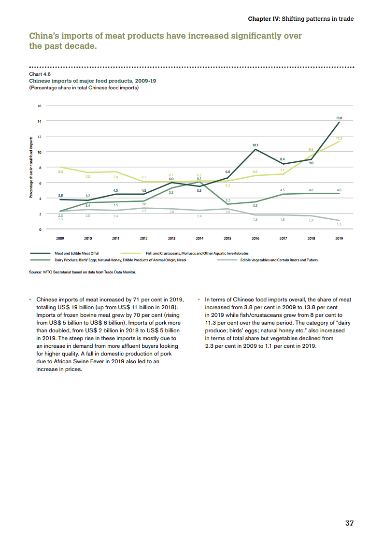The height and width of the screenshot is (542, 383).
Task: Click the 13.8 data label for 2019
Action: (x=339, y=117)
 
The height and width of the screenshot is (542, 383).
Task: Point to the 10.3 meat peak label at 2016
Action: (x=255, y=145)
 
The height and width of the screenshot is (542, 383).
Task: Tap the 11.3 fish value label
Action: (x=339, y=139)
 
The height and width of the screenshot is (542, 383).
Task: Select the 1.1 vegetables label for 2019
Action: (x=339, y=225)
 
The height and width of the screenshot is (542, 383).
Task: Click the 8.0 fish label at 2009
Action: (x=60, y=172)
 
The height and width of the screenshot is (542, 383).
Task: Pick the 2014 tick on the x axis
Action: (x=199, y=238)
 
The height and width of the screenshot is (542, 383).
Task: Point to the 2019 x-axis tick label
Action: (x=339, y=238)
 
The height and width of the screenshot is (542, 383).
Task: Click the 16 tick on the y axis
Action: (x=40, y=105)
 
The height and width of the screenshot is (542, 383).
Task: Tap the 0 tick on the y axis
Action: (x=41, y=229)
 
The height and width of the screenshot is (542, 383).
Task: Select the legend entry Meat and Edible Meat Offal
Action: (x=76, y=253)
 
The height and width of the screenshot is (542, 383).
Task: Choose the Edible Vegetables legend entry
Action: (x=279, y=260)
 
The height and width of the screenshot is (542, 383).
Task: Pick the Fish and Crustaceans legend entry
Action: (x=197, y=253)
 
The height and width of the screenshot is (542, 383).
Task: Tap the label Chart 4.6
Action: (x=40, y=74)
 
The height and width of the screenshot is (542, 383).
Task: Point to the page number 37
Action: (x=349, y=523)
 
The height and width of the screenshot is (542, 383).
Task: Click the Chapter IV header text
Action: (x=300, y=19)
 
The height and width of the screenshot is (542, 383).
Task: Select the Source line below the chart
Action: (x=83, y=272)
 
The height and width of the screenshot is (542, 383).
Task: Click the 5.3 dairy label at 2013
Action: (x=171, y=192)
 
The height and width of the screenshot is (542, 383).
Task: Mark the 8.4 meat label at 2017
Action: (x=283, y=159)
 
